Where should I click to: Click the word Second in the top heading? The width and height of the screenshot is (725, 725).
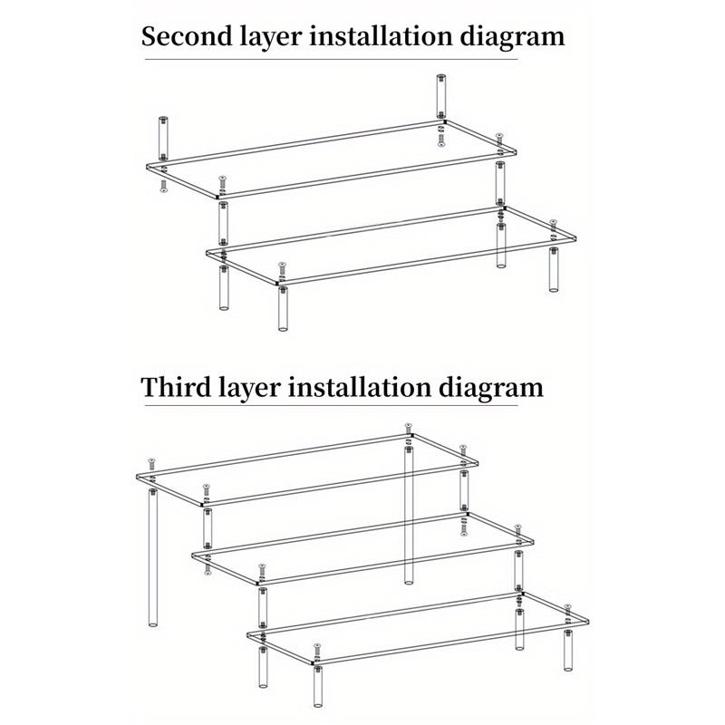coord(188,36)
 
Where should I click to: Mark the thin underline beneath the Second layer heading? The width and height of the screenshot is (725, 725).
coord(331,59)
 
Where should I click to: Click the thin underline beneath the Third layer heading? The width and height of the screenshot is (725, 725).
coord(331,406)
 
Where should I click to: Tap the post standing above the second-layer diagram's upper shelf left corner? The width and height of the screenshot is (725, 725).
coord(163,139)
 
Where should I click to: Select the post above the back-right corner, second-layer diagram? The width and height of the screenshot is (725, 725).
coord(441,96)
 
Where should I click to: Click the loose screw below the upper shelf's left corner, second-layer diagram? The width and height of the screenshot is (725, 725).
coord(163,186)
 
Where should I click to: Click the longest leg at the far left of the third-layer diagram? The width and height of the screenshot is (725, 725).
coord(153,557)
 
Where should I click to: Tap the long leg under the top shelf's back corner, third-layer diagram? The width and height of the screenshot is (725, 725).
coord(409,515)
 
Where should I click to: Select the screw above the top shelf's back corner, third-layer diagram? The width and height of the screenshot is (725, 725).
coord(408,428)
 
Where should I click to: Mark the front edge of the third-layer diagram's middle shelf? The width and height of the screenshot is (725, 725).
coord(394,565)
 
